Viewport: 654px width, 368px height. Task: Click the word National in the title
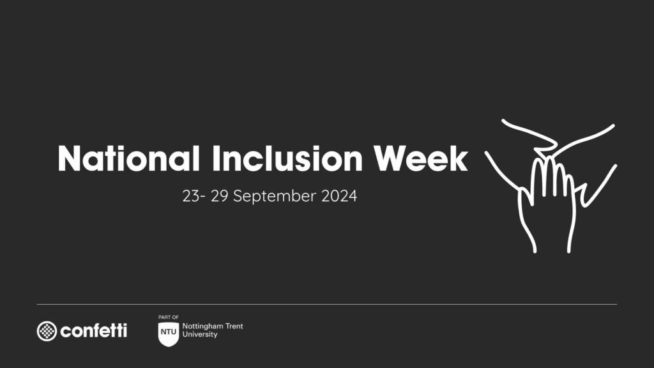coord(128,158)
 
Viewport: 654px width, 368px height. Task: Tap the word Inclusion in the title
coord(286,158)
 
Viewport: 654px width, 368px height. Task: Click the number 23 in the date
coord(190,196)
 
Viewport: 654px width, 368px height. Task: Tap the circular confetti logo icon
coord(47,330)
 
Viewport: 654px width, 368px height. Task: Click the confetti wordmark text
coord(93,330)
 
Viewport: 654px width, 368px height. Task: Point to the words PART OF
coord(168,317)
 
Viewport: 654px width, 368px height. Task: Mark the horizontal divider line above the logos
coord(327,304)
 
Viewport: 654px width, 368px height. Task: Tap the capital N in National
coord(69,158)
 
